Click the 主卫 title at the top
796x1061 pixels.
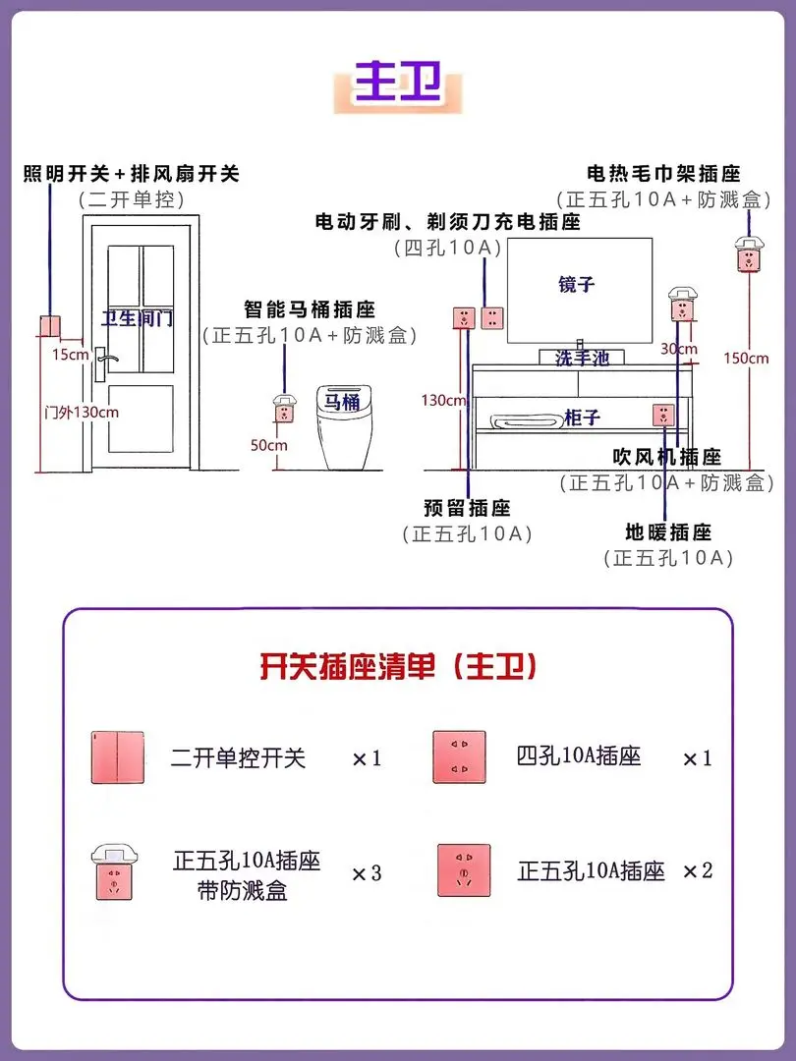pos(397,81)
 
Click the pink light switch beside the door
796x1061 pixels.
pos(49,327)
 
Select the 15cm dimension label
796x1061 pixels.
pos(71,354)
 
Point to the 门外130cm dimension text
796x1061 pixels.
pos(82,412)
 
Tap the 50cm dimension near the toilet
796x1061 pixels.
pos(268,445)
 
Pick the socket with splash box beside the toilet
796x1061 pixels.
pos(284,408)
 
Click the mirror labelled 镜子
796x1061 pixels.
pos(577,284)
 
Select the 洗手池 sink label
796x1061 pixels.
pos(582,359)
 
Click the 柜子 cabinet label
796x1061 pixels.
pos(582,419)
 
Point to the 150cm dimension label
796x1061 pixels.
pos(746,358)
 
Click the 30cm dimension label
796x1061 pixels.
pos(678,349)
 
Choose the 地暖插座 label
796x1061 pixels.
pos(668,532)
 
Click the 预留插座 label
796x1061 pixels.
pos(467,508)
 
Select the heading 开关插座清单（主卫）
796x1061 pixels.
pos(398,668)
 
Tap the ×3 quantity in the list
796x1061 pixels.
pos(367,872)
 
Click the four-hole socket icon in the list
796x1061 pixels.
pos(460,757)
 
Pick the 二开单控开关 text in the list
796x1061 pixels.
pos(238,757)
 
